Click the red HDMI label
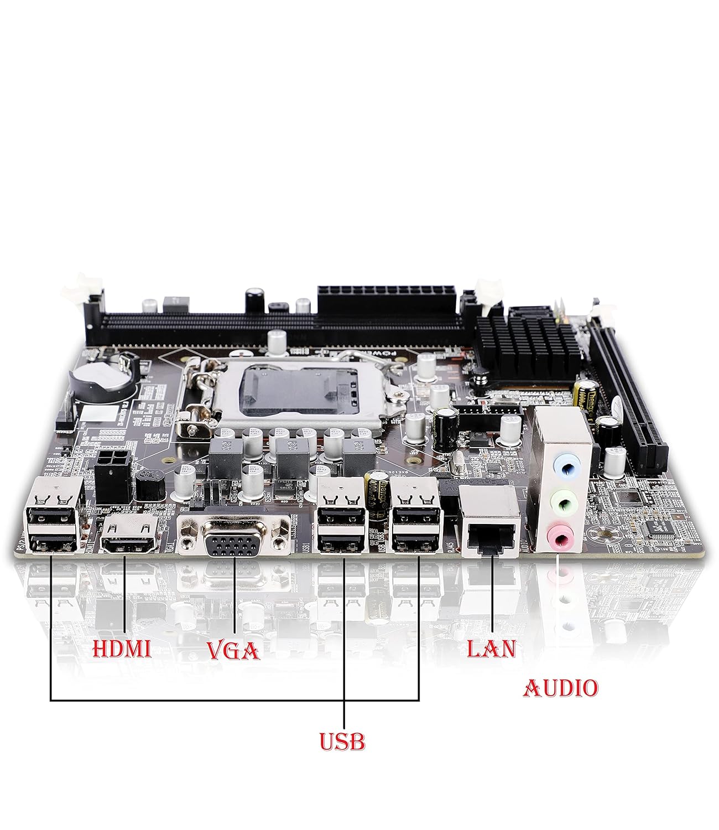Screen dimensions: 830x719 point(122,649)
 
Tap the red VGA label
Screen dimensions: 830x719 point(233,650)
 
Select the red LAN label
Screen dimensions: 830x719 point(491,649)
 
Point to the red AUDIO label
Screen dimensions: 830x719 point(560,688)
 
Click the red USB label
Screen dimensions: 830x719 point(342,741)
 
